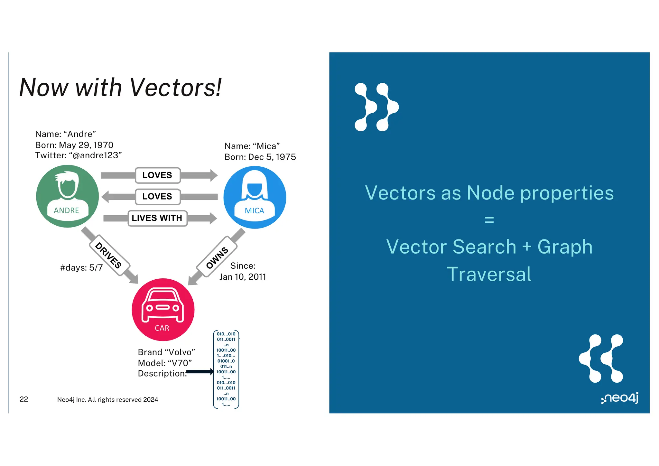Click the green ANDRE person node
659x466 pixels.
67,196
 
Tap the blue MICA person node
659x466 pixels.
255,197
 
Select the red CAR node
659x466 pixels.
163,309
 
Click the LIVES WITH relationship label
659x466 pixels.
157,218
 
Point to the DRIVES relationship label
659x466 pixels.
108,256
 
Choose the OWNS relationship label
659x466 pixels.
217,257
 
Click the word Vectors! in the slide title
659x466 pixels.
175,88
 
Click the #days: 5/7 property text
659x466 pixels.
81,268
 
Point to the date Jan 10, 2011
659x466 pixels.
243,277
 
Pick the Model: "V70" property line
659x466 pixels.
165,363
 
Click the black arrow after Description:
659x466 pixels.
200,372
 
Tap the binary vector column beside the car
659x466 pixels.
226,369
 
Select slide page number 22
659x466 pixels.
24,399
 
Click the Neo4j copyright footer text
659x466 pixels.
107,400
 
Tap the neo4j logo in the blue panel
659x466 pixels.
619,398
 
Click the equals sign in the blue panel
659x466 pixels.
489,220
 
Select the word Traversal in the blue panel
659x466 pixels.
489,274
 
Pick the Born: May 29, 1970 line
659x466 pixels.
74,145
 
